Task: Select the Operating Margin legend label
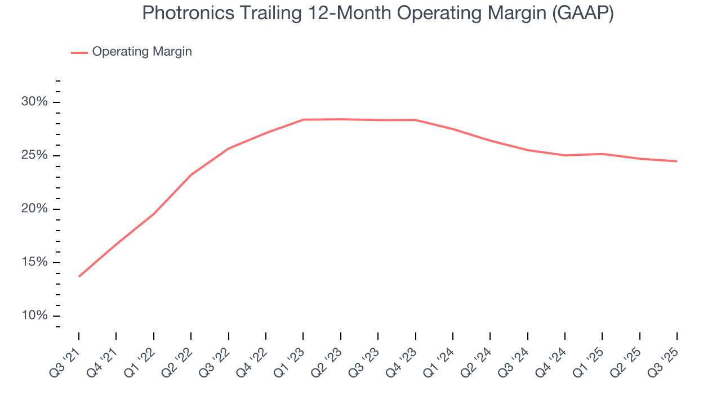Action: [142, 52]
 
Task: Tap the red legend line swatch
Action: [79, 52]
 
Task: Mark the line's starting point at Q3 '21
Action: [79, 276]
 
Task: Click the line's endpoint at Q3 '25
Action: [677, 161]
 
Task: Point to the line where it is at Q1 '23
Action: [303, 120]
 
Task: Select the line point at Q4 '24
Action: [564, 155]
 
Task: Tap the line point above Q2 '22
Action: [191, 175]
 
